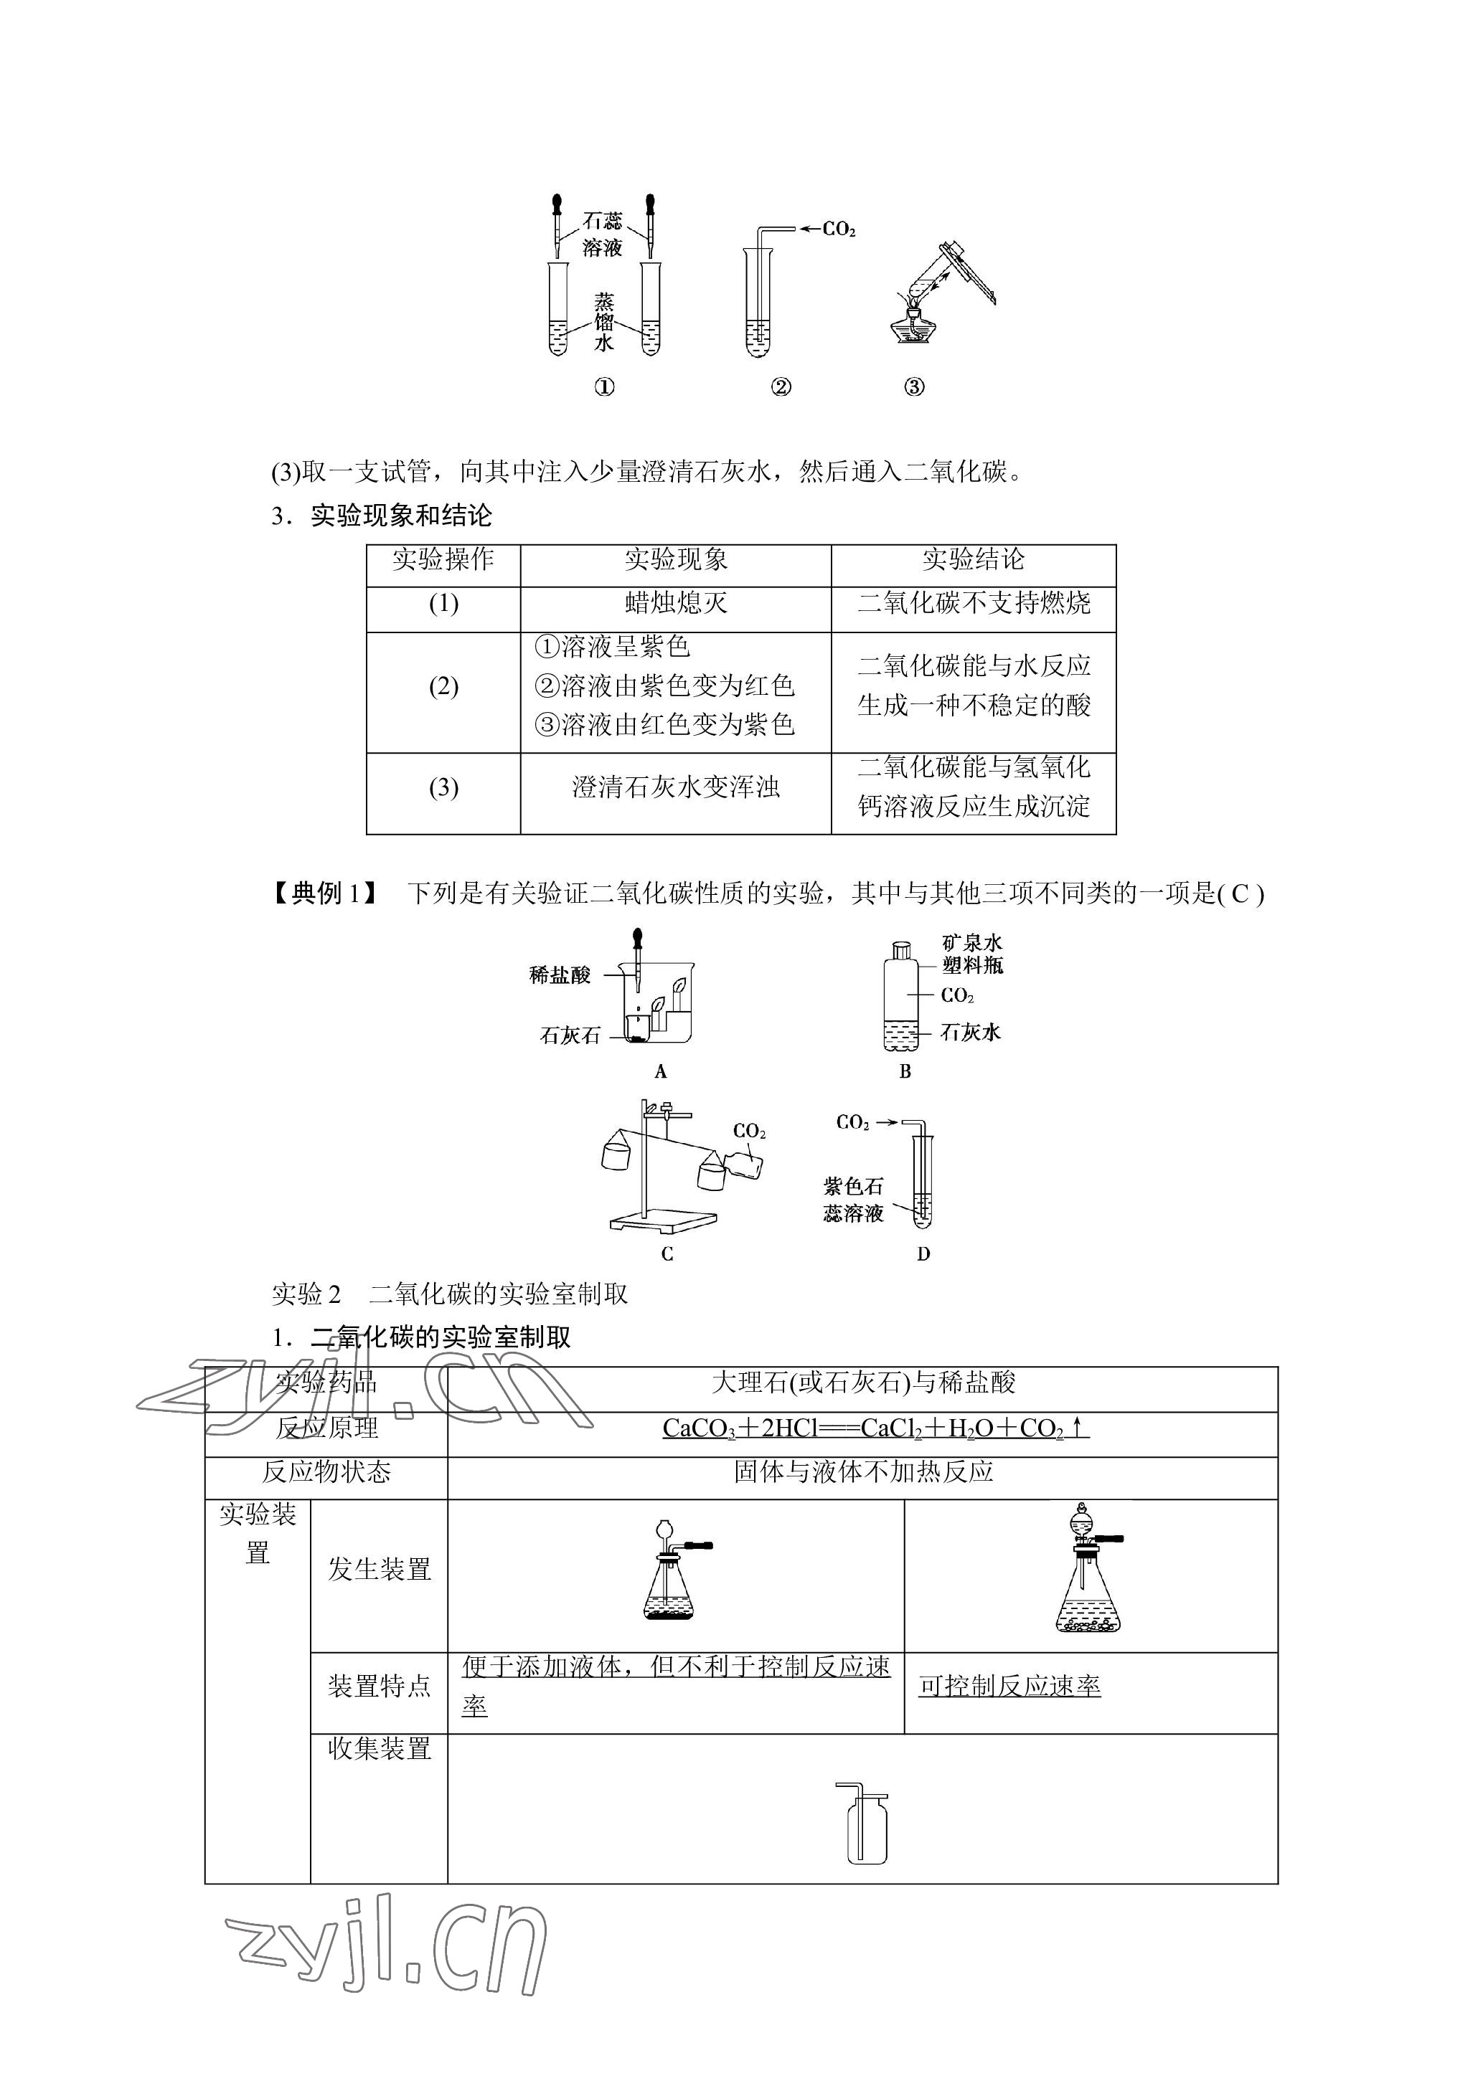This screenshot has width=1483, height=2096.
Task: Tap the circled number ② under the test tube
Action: pyautogui.click(x=781, y=387)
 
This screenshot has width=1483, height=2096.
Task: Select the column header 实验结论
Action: pyautogui.click(x=974, y=559)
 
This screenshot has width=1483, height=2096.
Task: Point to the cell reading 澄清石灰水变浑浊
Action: pyautogui.click(x=676, y=787)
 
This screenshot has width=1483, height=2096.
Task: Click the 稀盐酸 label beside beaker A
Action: pyautogui.click(x=560, y=975)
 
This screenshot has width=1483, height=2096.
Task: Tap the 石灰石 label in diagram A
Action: pyautogui.click(x=570, y=1035)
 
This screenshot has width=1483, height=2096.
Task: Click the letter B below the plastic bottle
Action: pyautogui.click(x=905, y=1072)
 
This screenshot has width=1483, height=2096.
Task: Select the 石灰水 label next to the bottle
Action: pyautogui.click(x=971, y=1033)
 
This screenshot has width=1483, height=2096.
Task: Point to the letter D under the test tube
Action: pyautogui.click(x=923, y=1254)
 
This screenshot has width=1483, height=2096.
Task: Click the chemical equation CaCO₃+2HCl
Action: pyautogui.click(x=875, y=1428)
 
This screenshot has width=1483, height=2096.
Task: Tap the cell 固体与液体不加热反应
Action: pyautogui.click(x=863, y=1471)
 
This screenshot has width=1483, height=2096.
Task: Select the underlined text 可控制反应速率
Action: pyautogui.click(x=1009, y=1685)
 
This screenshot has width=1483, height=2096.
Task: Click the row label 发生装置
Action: pyautogui.click(x=379, y=1569)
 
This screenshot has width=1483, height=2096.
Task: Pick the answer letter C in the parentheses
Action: pyautogui.click(x=1239, y=893)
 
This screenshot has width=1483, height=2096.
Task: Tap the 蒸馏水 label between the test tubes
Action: pyautogui.click(x=603, y=322)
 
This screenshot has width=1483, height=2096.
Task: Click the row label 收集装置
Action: pyautogui.click(x=379, y=1748)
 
